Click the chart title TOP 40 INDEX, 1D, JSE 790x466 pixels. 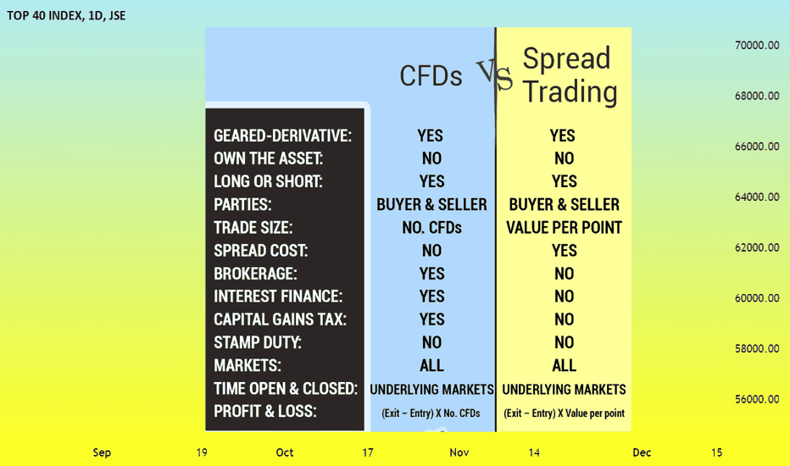[66, 15]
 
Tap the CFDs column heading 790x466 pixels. [431, 76]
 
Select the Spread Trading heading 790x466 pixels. [570, 75]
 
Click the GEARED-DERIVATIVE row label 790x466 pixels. [282, 136]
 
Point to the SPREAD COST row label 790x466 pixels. [260, 251]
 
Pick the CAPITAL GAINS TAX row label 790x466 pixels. [280, 319]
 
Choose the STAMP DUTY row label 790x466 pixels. [258, 342]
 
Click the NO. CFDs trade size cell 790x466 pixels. [431, 228]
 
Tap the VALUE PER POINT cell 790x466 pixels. [564, 228]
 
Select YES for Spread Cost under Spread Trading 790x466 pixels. [564, 251]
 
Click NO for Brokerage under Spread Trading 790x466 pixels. [564, 274]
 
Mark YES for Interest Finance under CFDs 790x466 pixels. [431, 297]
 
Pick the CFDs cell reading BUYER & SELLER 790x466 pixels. [431, 204]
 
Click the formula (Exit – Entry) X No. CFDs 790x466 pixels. [431, 413]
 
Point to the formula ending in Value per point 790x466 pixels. [564, 413]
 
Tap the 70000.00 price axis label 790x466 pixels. [757, 46]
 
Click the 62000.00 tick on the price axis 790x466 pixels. [757, 247]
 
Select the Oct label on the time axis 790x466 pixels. [285, 452]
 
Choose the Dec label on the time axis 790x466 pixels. [642, 452]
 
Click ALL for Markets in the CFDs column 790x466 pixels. [431, 365]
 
